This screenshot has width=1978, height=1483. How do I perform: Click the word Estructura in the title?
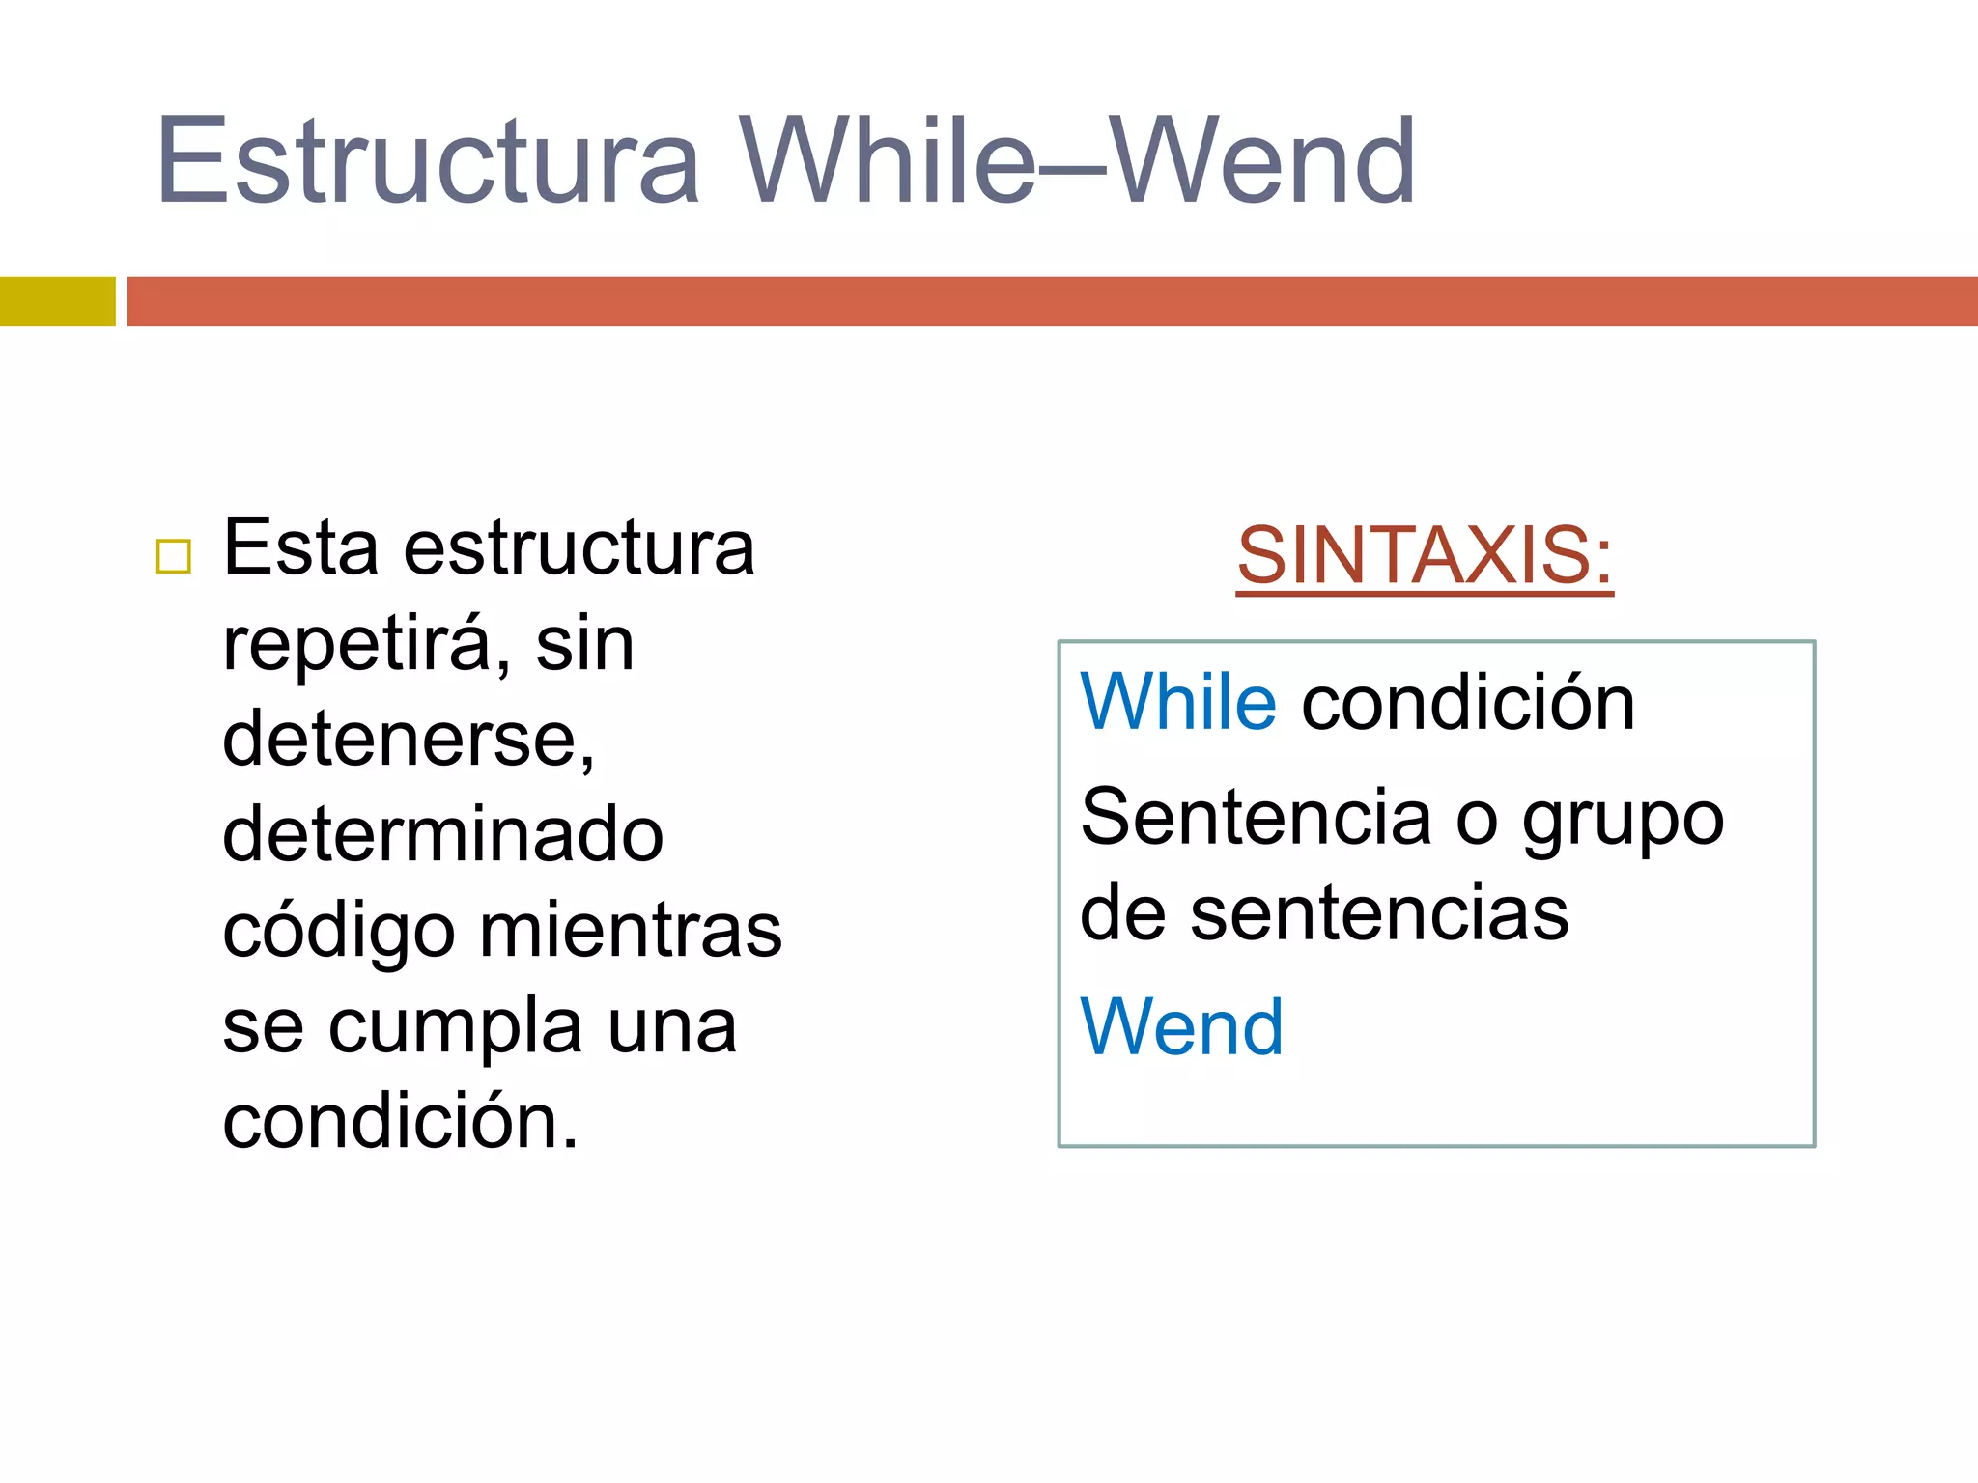427,161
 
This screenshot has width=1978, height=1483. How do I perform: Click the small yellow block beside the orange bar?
57,301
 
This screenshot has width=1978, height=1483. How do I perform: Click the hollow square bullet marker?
174,557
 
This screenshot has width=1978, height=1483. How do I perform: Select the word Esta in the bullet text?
300,548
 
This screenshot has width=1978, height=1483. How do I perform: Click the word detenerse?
408,740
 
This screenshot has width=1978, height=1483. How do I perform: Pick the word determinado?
442,835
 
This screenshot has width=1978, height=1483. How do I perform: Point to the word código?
338,932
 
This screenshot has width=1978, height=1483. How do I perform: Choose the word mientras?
631,931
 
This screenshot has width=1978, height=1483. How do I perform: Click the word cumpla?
455,1027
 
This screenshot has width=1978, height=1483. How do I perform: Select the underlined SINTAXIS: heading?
1425,556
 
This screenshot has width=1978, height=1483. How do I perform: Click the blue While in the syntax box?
1178,702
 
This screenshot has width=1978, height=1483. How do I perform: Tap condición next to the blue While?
1468,702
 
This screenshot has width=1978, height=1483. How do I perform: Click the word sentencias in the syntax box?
1379,913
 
